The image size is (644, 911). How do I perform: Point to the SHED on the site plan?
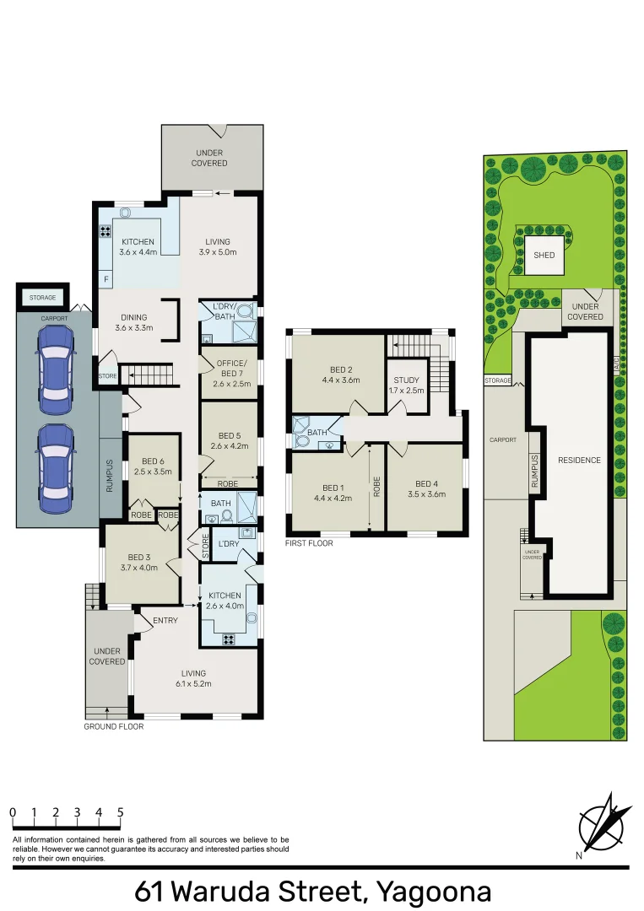point(544,254)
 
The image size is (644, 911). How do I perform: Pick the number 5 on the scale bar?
point(121,812)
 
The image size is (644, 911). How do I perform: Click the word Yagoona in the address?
point(434,891)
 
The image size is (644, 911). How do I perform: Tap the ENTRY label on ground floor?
point(165,620)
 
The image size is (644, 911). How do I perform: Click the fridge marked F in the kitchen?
point(106,278)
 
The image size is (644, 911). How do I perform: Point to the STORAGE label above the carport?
point(43,298)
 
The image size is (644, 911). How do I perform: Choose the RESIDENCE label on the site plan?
point(579,460)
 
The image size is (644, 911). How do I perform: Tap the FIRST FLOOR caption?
point(309,543)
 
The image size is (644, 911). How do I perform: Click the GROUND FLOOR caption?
point(113,726)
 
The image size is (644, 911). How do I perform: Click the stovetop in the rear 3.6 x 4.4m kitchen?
point(107,232)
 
